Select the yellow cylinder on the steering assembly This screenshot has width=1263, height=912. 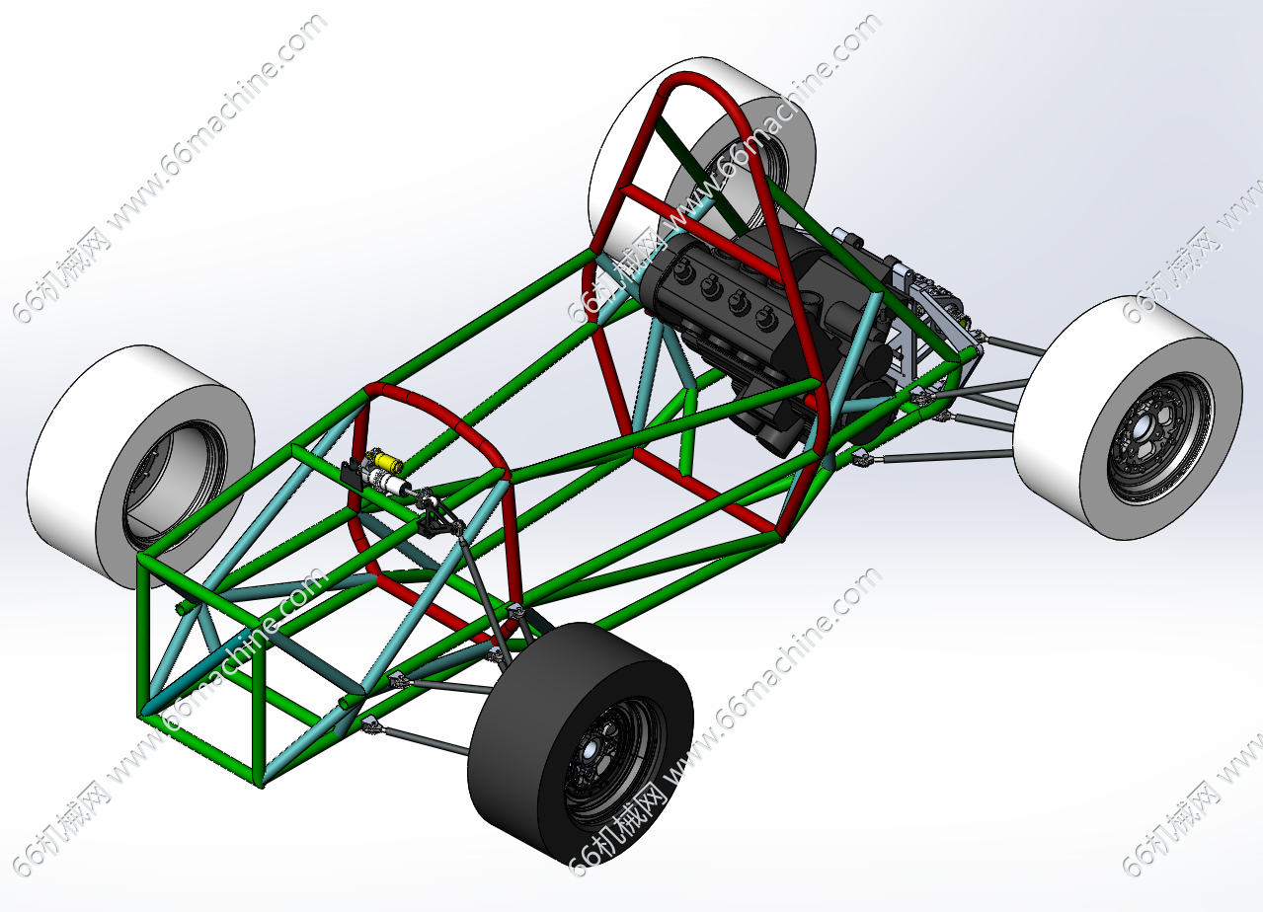[x=388, y=461]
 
